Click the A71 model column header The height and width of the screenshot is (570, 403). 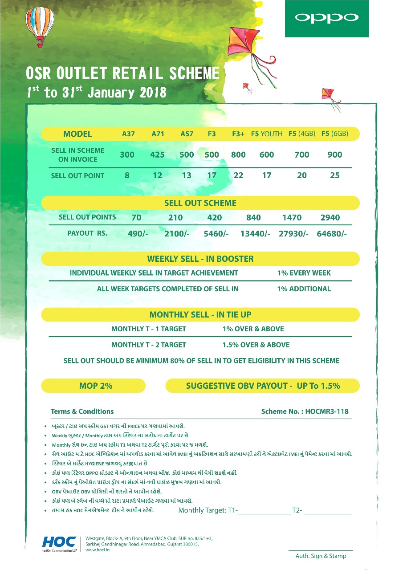point(157,134)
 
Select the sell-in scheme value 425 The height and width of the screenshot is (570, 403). point(157,155)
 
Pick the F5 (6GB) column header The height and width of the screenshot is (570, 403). point(334,134)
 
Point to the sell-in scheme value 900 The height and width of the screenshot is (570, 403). point(334,155)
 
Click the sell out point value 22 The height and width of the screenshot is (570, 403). point(238,175)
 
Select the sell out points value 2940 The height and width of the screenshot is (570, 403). point(330,218)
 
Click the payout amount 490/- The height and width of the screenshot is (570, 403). point(138,233)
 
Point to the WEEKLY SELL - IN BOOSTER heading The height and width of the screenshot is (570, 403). point(200,259)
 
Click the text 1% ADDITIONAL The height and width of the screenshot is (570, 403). point(304,289)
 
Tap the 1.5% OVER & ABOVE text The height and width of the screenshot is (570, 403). point(256,345)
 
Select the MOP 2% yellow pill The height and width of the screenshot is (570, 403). point(96,386)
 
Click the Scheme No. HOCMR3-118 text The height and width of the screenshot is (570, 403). point(305,411)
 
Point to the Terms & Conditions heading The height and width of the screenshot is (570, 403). point(82,411)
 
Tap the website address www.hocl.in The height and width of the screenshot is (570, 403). point(97,550)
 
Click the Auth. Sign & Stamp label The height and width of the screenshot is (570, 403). point(321,556)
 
